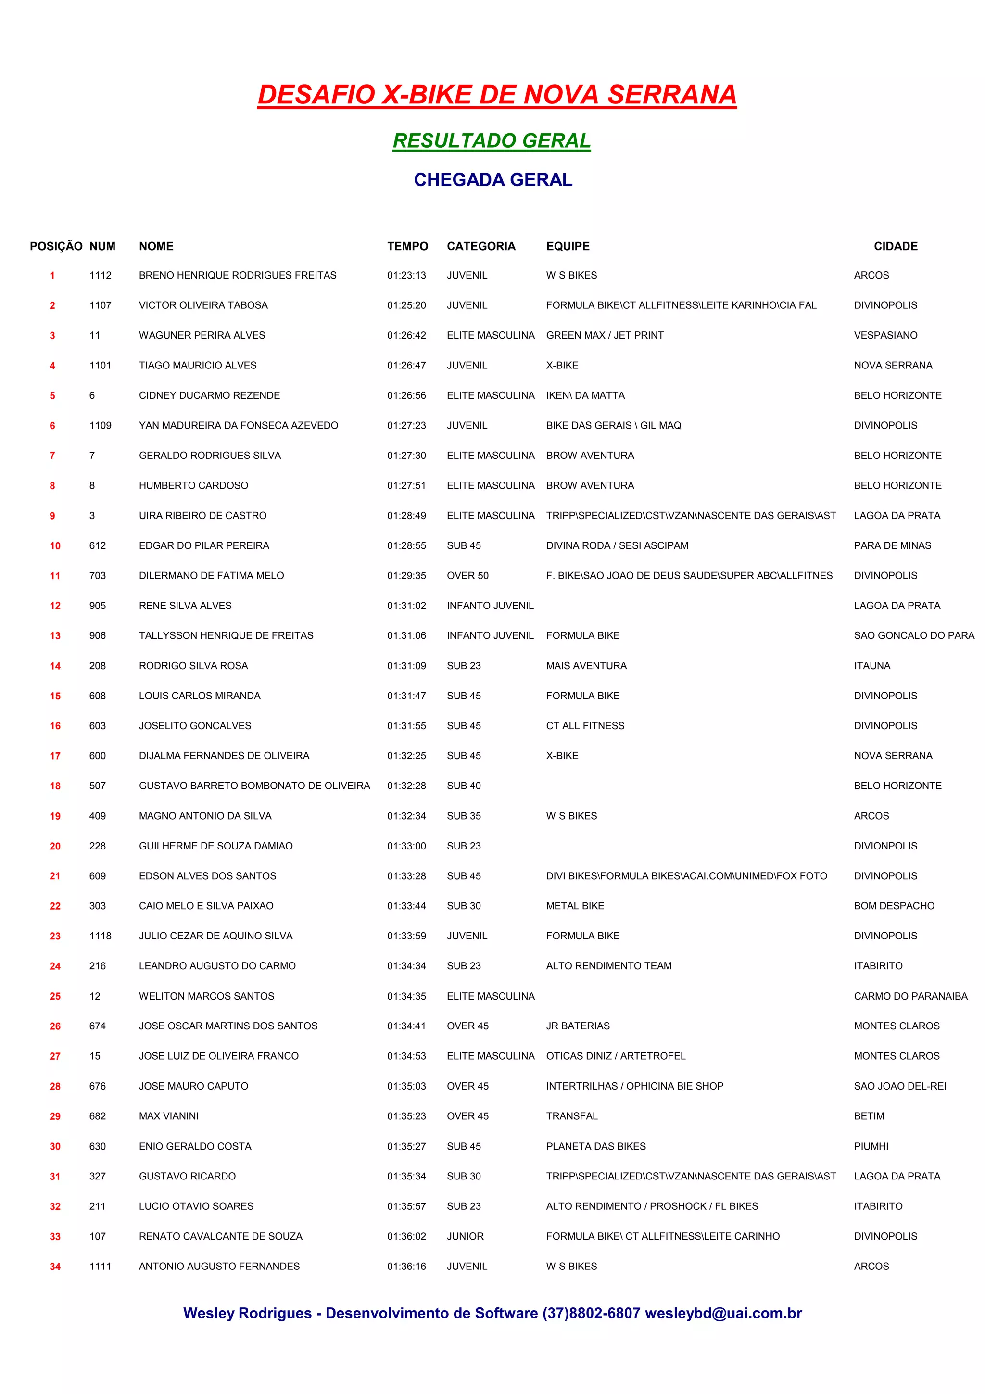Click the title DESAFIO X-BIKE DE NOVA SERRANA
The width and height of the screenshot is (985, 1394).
[x=496, y=95]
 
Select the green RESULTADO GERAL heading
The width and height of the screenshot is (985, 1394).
[x=492, y=140]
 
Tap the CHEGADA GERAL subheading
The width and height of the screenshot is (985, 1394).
[x=493, y=180]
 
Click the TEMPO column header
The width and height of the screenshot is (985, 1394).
[x=407, y=246]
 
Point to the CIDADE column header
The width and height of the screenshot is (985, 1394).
[x=895, y=246]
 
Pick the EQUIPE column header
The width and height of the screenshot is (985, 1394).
[x=568, y=246]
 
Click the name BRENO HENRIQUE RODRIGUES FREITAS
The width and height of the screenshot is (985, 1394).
[x=237, y=275]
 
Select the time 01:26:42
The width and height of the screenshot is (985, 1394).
[x=406, y=335]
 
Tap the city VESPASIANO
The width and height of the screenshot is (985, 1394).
[x=885, y=335]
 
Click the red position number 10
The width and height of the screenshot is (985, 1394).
[x=55, y=546]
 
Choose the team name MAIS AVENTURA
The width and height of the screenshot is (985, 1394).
[x=586, y=665]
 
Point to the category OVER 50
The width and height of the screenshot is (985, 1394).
[x=467, y=576]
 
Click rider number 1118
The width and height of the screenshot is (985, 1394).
[x=100, y=936]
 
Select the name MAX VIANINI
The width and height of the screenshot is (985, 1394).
[x=169, y=1116]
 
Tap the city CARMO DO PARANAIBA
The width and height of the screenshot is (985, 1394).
[x=910, y=996]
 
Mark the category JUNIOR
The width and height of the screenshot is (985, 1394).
[x=465, y=1236]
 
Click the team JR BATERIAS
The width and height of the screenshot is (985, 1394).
[x=578, y=1026]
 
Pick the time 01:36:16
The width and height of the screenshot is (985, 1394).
[x=406, y=1266]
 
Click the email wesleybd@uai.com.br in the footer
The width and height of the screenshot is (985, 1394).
[x=723, y=1313]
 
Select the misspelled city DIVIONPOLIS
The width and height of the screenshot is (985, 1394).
[x=885, y=846]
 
